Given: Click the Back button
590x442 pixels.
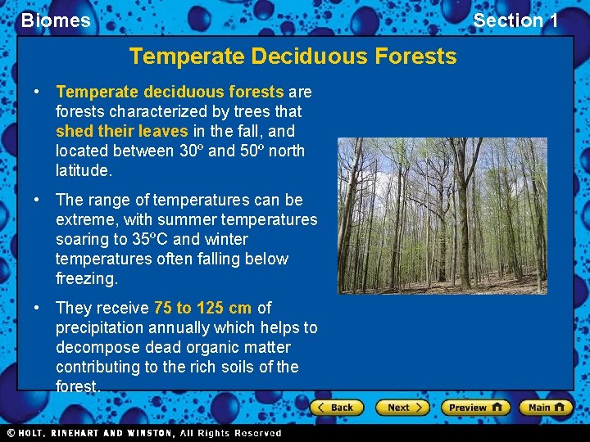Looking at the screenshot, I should point(336,407).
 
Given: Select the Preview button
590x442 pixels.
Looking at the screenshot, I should point(475,407).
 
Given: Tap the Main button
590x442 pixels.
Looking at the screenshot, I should point(545,407).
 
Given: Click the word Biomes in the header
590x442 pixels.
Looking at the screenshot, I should point(56,20).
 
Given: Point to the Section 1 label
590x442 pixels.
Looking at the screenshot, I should point(515,20).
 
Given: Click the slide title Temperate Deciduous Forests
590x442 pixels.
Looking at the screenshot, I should point(293,56).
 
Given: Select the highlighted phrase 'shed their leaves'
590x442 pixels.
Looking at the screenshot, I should point(122,131).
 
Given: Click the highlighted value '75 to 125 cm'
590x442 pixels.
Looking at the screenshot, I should point(202,308).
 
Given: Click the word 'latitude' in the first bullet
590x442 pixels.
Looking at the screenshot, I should point(82,170).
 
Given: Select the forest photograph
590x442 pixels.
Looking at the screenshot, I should point(442,216).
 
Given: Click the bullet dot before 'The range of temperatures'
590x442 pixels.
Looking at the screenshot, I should point(39,200).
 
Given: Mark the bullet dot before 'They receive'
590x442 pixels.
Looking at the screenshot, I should point(39,308).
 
